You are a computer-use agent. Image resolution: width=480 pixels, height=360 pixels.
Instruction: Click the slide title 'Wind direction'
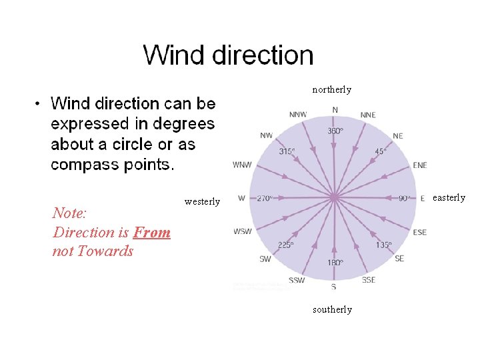point(228,55)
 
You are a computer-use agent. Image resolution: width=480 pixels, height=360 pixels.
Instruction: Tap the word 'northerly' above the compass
point(331,89)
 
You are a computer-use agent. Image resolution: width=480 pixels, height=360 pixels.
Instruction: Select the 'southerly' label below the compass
point(331,309)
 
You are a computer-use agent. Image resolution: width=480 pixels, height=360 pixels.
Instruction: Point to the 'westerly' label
point(202,201)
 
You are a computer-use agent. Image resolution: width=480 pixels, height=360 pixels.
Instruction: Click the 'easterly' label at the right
point(449,197)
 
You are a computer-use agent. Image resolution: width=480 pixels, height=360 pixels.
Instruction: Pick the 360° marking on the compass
point(335,131)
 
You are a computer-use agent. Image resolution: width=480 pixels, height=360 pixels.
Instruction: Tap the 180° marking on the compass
point(335,262)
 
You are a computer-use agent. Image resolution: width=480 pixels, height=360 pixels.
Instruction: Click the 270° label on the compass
point(264,198)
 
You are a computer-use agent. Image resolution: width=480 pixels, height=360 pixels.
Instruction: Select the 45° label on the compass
point(380,151)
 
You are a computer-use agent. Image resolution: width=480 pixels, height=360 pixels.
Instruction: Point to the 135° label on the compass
point(383,245)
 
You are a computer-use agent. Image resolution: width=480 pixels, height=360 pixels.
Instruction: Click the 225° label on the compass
point(286,245)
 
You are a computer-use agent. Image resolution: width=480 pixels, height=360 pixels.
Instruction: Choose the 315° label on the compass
point(287,151)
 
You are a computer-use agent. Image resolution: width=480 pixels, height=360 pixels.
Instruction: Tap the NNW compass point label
point(297,115)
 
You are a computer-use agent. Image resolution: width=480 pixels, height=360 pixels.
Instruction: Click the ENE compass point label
point(420,165)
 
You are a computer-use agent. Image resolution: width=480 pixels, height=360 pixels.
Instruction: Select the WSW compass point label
point(242,231)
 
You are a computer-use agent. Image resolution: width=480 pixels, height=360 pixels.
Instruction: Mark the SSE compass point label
point(369,280)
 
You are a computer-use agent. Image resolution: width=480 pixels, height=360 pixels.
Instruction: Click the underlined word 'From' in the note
point(151,232)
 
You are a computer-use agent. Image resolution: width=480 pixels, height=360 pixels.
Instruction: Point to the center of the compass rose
point(334,197)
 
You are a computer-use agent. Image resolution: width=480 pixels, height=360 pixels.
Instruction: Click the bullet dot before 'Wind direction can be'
point(39,104)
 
